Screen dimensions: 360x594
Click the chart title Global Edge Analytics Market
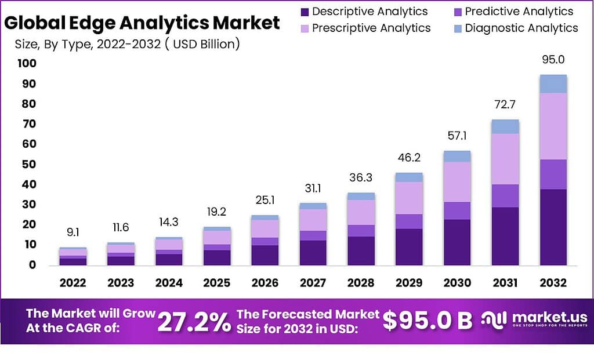[x=142, y=23]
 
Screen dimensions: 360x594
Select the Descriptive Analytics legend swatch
[x=305, y=12]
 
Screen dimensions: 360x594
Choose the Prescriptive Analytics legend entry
[x=365, y=28]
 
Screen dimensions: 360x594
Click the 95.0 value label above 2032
[x=552, y=60]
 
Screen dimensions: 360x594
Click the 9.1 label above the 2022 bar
[x=73, y=233]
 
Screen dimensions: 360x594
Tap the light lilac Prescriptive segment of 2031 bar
[x=505, y=159]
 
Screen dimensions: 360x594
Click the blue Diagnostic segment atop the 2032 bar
[x=552, y=83]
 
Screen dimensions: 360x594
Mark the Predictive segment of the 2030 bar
[x=457, y=210]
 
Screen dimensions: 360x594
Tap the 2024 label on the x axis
[x=168, y=283]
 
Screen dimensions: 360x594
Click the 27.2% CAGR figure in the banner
[x=194, y=322]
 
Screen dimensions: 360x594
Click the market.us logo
[x=534, y=320]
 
